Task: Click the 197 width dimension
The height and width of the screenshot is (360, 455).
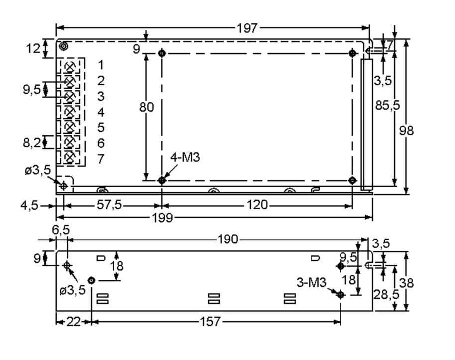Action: [x=247, y=28]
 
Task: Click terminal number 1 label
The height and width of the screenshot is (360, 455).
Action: [x=101, y=65]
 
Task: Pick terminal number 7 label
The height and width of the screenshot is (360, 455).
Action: [x=101, y=159]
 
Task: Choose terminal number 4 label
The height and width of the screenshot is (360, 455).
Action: [x=101, y=112]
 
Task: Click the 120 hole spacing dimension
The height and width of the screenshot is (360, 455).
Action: [x=257, y=205]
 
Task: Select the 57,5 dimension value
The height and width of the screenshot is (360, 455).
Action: [x=109, y=205]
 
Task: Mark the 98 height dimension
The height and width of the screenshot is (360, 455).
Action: [x=407, y=130]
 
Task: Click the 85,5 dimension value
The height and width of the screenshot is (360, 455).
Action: [x=385, y=106]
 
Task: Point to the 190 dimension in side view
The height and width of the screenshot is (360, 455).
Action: [x=228, y=240]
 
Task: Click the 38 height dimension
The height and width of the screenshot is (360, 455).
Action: [x=407, y=283]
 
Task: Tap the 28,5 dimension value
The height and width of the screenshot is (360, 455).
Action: [x=386, y=294]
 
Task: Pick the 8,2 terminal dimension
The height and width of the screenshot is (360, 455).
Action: [x=33, y=143]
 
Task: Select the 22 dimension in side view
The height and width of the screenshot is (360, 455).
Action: [x=73, y=322]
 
